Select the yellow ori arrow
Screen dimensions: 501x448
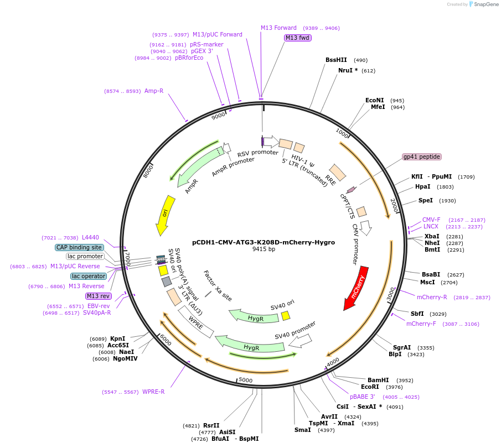(x=165, y=215)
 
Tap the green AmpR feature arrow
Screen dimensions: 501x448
(x=200, y=166)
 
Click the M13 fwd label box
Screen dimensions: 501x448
(x=297, y=38)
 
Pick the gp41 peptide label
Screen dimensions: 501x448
(x=422, y=157)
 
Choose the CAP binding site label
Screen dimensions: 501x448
(x=79, y=247)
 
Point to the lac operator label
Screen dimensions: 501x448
(x=89, y=276)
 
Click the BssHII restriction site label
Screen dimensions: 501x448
(x=336, y=60)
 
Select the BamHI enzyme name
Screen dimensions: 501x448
(x=378, y=380)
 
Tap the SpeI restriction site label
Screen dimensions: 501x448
(x=426, y=200)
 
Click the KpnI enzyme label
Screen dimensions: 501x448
(x=117, y=338)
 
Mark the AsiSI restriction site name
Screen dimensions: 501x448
(x=227, y=432)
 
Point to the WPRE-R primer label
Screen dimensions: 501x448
(x=153, y=392)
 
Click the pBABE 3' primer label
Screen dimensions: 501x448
(x=363, y=397)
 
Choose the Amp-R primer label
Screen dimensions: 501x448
(x=154, y=91)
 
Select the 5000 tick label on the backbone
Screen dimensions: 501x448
(x=246, y=380)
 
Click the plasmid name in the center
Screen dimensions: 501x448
(x=264, y=242)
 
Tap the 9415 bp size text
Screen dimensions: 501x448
(x=264, y=249)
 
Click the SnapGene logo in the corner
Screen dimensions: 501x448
(x=484, y=4)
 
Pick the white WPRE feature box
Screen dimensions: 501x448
(x=196, y=321)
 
